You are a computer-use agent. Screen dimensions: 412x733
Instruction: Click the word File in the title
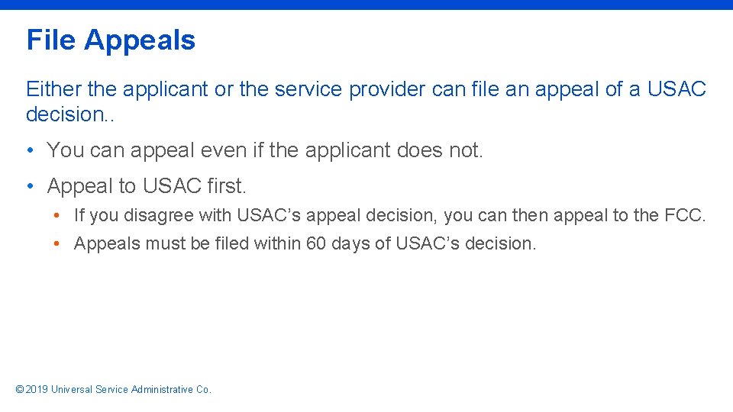[51, 40]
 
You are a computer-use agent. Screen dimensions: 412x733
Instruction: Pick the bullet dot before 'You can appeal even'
[28, 150]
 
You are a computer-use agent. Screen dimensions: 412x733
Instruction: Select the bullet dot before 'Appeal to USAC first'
[28, 185]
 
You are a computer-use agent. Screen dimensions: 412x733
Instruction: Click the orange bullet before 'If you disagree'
[57, 216]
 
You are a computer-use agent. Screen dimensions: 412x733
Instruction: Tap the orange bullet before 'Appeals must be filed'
[57, 244]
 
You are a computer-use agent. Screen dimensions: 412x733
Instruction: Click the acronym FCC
[685, 216]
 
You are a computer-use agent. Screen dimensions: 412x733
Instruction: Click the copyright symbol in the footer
[20, 390]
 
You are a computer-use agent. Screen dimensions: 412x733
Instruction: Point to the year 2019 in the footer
[37, 390]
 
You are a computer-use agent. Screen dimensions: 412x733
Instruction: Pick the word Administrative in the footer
[162, 390]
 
